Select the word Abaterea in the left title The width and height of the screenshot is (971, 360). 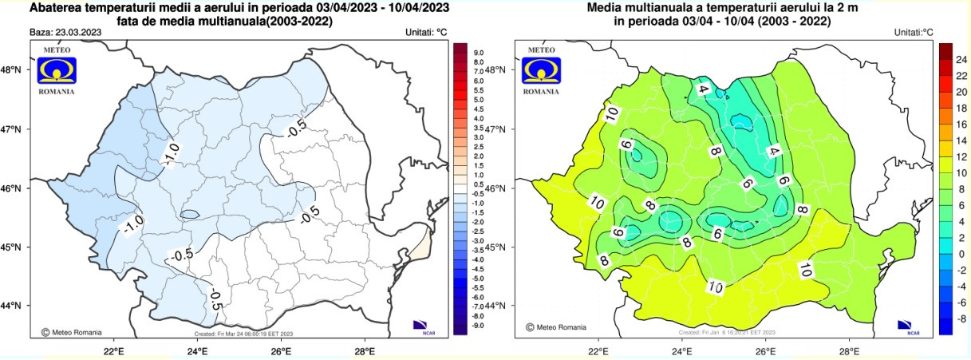(x=55, y=8)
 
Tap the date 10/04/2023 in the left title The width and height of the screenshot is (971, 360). (x=420, y=8)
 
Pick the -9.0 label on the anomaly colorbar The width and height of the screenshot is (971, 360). (x=479, y=326)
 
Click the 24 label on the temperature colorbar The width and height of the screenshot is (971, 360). (x=961, y=60)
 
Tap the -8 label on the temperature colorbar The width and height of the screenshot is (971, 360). (x=961, y=318)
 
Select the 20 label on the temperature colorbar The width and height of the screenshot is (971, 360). (x=961, y=93)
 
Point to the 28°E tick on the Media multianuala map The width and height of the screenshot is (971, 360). (x=849, y=350)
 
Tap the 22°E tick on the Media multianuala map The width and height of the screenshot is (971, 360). (x=598, y=350)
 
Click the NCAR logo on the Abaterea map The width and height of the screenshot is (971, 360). (x=421, y=325)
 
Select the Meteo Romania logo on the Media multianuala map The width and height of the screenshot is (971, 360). (x=542, y=70)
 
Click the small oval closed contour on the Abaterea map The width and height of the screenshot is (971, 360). (x=190, y=214)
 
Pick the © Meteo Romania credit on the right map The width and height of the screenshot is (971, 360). (x=556, y=327)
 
